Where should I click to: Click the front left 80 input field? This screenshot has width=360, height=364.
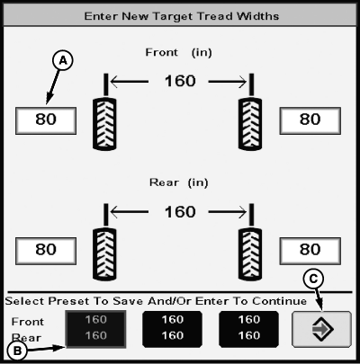[46, 120]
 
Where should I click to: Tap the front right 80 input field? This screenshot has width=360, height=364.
[310, 120]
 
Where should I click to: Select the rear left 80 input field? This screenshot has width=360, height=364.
[46, 251]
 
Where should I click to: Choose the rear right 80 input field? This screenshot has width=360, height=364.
[310, 251]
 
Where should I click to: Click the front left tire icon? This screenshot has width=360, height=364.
[104, 123]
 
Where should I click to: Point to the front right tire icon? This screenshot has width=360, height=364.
[250, 123]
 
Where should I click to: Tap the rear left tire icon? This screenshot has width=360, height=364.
[104, 254]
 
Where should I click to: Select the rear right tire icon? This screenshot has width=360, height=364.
[250, 254]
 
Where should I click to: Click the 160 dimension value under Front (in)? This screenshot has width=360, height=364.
[180, 81]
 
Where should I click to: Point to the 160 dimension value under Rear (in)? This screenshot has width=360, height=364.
[180, 212]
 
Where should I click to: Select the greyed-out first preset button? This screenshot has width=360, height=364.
[95, 329]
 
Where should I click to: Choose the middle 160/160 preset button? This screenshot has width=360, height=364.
[172, 329]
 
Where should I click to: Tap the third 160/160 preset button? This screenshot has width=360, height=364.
[249, 329]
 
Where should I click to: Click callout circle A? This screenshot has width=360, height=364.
[63, 61]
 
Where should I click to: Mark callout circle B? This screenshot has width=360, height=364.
[17, 351]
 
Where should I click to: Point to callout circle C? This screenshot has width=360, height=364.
[313, 279]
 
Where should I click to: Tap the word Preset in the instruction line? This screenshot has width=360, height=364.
[68, 301]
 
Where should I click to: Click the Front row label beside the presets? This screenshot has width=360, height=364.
[28, 322]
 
